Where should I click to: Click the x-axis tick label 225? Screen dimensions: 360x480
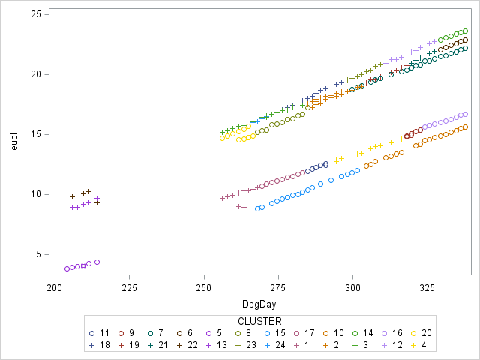point(129,286)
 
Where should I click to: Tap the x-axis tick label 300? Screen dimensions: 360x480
point(352,286)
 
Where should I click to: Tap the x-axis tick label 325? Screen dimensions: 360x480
point(427,286)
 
